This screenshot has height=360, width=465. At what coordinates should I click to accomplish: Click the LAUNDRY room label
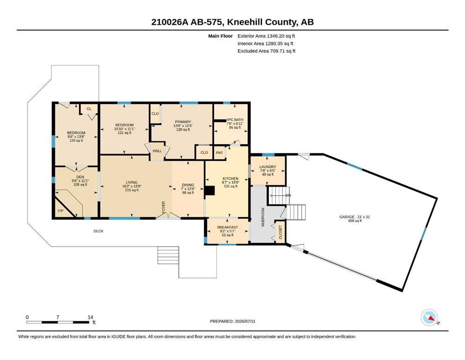pyautogui.click(x=267, y=167)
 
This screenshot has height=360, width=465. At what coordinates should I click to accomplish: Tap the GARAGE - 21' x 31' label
pyautogui.click(x=355, y=217)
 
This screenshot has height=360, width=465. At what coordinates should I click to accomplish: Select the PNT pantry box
pyautogui.click(x=220, y=153)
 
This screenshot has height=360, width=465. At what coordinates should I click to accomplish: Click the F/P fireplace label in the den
pyautogui.click(x=60, y=211)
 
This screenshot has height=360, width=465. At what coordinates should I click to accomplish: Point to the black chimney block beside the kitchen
pyautogui.click(x=210, y=190)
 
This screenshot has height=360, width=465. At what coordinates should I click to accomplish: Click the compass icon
pyautogui.click(x=429, y=317)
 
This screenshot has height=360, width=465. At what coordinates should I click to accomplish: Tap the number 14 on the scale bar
pyautogui.click(x=90, y=317)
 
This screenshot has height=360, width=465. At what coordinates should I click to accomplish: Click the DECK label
pyautogui.click(x=98, y=231)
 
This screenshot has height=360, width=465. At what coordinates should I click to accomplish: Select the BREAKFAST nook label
pyautogui.click(x=228, y=227)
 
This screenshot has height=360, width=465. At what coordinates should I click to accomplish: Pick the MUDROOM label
pyautogui.click(x=263, y=217)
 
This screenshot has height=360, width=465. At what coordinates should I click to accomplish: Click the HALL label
pyautogui.click(x=157, y=151)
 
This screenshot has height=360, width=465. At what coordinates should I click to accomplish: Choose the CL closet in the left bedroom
pyautogui.click(x=89, y=109)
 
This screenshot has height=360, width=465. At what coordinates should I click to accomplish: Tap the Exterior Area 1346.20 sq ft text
pyautogui.click(x=266, y=36)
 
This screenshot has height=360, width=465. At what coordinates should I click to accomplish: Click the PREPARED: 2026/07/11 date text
pyautogui.click(x=232, y=321)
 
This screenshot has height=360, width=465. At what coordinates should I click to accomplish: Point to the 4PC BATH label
pyautogui.click(x=235, y=120)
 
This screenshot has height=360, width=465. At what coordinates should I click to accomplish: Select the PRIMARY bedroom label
pyautogui.click(x=183, y=122)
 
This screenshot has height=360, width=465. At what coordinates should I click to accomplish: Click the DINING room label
pyautogui.click(x=188, y=185)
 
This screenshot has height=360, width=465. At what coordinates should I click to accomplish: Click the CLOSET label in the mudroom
pyautogui.click(x=280, y=232)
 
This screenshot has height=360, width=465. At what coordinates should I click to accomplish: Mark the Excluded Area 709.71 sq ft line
pyautogui.click(x=266, y=51)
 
